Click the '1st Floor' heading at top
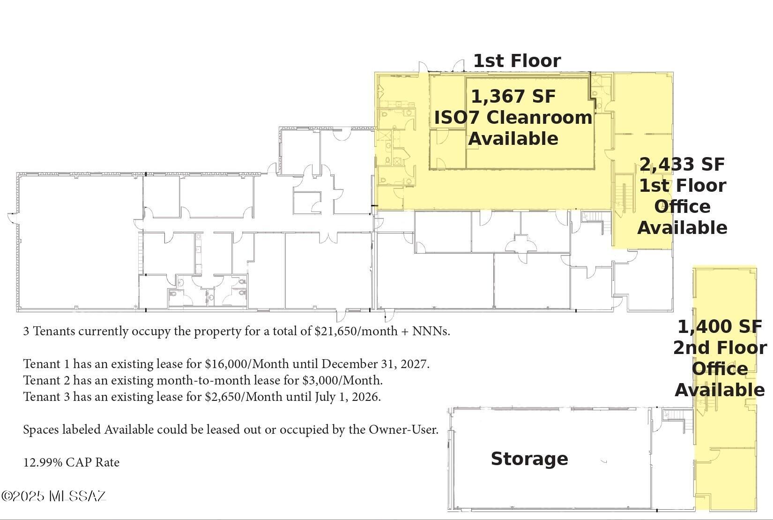point(517,61)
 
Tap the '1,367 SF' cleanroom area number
point(513,97)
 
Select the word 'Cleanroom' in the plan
point(540,118)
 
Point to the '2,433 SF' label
point(682,165)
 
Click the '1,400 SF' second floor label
point(720,326)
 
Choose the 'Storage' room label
point(529,459)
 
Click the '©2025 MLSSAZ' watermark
point(54,496)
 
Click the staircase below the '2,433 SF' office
point(596,218)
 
